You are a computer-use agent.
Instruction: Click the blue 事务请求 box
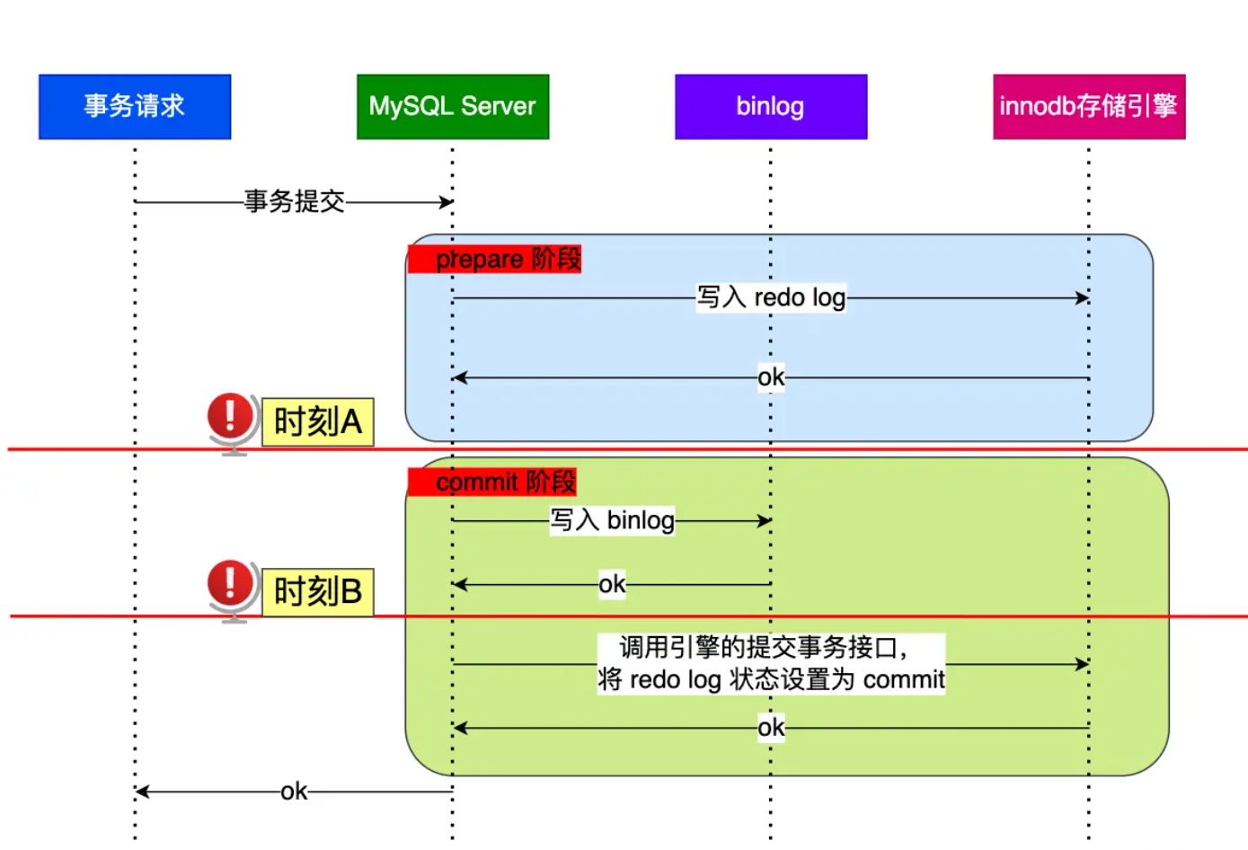[x=135, y=107]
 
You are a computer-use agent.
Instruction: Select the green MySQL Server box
[x=453, y=107]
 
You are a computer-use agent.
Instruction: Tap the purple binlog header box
[x=771, y=107]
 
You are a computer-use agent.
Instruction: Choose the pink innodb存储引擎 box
[x=1089, y=107]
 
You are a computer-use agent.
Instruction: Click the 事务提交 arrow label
[x=295, y=201]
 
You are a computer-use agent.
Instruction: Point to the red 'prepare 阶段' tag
[x=495, y=259]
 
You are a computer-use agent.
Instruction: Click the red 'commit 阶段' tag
[x=492, y=482]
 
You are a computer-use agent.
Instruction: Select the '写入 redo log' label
[x=771, y=297]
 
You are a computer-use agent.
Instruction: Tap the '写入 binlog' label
[x=612, y=520]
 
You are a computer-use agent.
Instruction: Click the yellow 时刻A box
[x=317, y=422]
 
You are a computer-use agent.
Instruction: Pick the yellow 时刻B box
[x=317, y=592]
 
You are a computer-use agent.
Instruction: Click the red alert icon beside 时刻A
[x=231, y=417]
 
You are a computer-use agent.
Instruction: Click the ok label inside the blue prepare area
[x=771, y=377]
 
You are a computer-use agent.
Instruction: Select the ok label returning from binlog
[x=612, y=585]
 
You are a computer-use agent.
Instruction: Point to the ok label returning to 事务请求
[x=294, y=792]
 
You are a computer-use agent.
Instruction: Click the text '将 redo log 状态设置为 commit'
[x=771, y=680]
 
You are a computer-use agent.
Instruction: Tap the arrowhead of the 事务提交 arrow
[x=447, y=202]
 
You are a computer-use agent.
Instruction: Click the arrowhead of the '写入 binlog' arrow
[x=765, y=520]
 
